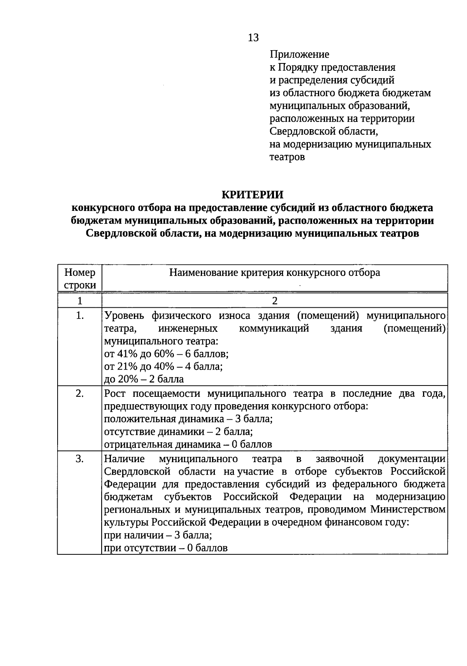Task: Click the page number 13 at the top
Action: (x=253, y=38)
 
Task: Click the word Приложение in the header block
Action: (x=299, y=54)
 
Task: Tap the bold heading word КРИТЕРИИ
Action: (x=253, y=195)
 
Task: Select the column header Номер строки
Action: (x=80, y=279)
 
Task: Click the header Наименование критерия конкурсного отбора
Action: (x=274, y=273)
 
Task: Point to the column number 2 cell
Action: (x=275, y=301)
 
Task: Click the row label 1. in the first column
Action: (x=80, y=315)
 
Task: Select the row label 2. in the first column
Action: (x=80, y=393)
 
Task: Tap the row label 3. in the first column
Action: (x=80, y=459)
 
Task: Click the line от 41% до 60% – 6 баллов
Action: (x=166, y=354)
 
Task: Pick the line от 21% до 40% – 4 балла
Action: (x=163, y=366)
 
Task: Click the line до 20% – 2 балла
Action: (x=144, y=379)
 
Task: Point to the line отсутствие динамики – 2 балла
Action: (x=179, y=432)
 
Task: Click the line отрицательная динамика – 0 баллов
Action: (x=188, y=444)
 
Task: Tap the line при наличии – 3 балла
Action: (x=158, y=535)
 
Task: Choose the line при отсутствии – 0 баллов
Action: (x=166, y=548)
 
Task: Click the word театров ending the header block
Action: (x=287, y=157)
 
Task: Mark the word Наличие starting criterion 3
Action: (x=124, y=459)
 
